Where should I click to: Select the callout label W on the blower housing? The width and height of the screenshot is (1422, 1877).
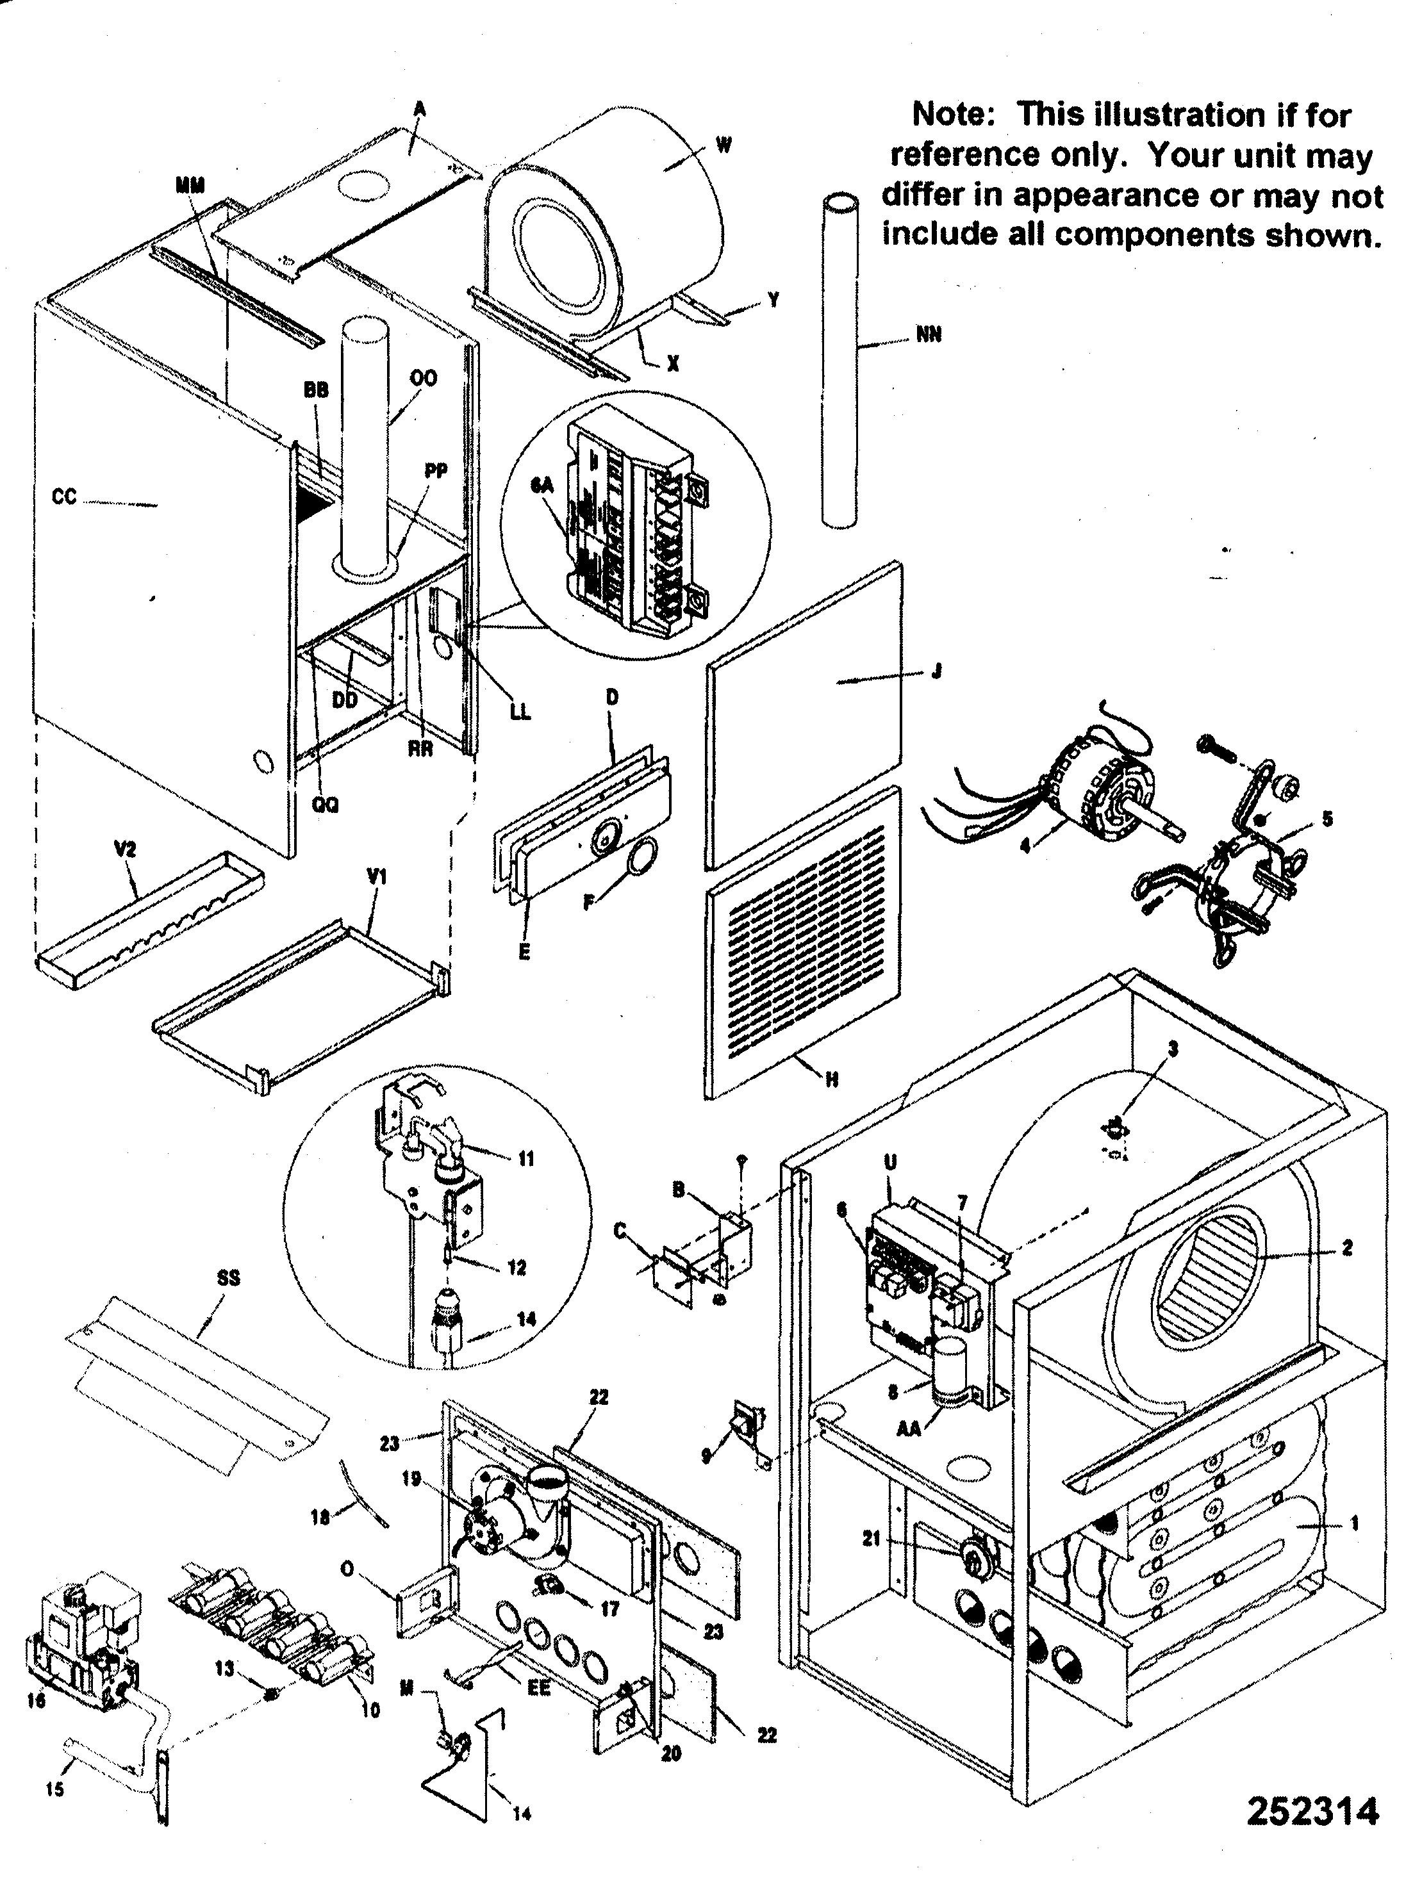(x=724, y=145)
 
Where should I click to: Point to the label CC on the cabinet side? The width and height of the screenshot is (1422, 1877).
(x=63, y=497)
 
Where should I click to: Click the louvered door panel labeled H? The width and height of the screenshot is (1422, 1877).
(x=802, y=942)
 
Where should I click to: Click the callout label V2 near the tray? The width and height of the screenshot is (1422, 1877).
(x=125, y=849)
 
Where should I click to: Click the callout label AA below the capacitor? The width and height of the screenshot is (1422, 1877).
(x=909, y=1430)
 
